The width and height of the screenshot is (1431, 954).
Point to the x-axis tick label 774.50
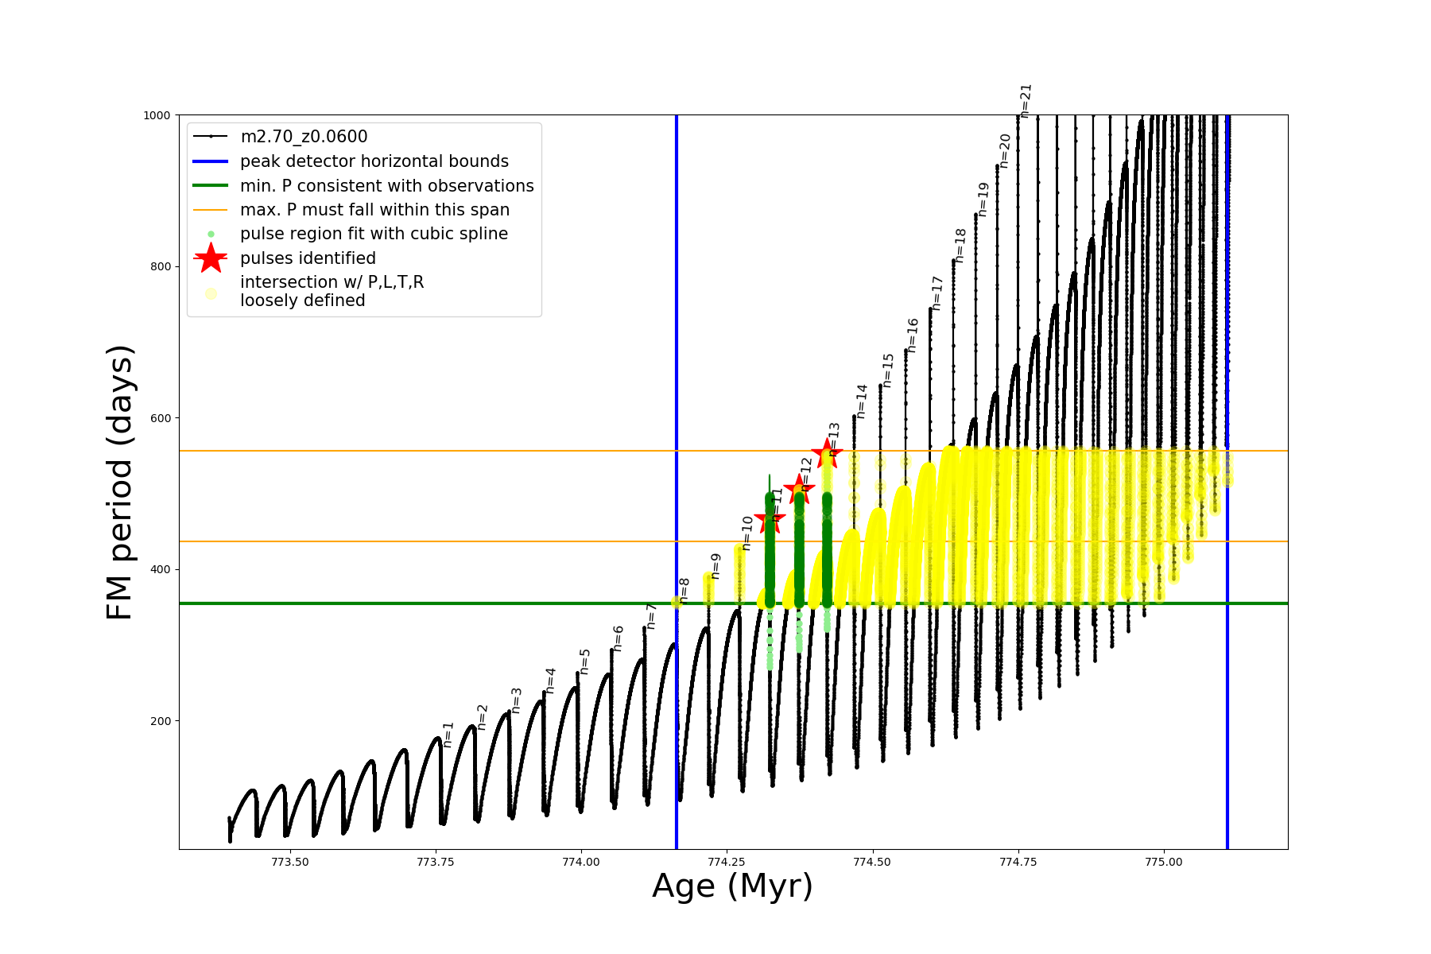click(x=873, y=862)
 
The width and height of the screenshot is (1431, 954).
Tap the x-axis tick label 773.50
click(x=290, y=862)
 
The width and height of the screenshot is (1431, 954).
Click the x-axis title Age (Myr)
click(x=732, y=886)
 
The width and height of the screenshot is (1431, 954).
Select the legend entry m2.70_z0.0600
click(x=304, y=137)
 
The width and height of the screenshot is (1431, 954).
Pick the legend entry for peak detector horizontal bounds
click(x=374, y=161)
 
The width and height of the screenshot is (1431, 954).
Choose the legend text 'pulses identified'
click(x=308, y=258)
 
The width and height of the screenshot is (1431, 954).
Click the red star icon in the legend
click(x=211, y=258)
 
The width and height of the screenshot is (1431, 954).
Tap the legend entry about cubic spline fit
click(x=374, y=234)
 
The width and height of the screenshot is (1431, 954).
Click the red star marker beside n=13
click(x=827, y=453)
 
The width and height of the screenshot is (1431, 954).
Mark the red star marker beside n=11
click(x=770, y=521)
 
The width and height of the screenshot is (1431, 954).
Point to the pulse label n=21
click(x=1026, y=101)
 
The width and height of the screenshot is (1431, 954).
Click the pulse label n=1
click(x=448, y=735)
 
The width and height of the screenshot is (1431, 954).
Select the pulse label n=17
click(x=937, y=293)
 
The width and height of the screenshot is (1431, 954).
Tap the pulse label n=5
click(x=585, y=661)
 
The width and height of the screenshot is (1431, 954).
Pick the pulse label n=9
click(x=715, y=566)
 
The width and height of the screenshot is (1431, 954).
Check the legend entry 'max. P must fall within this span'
click(x=374, y=210)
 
